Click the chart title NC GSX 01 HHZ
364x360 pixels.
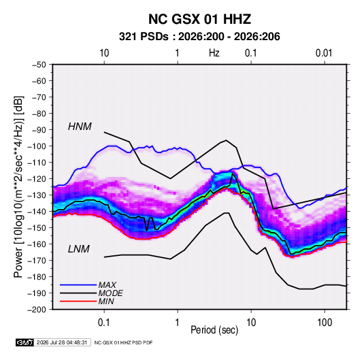[x=199, y=19]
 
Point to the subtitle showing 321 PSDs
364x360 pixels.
[x=199, y=37]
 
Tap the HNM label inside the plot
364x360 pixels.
[x=80, y=127]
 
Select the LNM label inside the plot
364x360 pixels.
[x=79, y=249]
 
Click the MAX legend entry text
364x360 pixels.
[x=107, y=284]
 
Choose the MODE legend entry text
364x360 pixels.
[x=110, y=293]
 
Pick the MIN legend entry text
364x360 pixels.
[x=106, y=301]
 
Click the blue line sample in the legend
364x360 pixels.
[x=78, y=285]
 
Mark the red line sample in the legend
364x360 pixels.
[x=78, y=301]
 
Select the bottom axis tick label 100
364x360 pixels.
[x=325, y=323]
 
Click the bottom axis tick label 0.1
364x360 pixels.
[x=104, y=323]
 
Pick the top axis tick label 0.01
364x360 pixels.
[x=324, y=53]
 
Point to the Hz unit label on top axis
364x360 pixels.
[x=214, y=53]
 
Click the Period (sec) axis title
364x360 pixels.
[x=214, y=330]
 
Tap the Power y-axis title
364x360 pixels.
[x=18, y=186]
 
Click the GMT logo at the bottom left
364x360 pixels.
[x=24, y=342]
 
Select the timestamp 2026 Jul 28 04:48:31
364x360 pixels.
[x=62, y=342]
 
